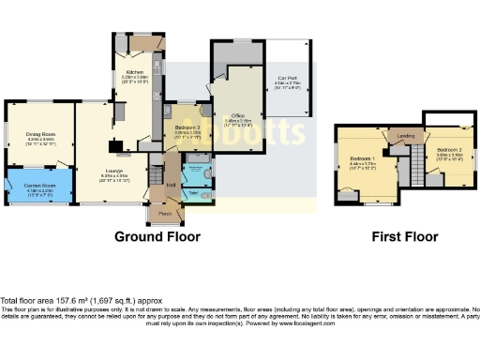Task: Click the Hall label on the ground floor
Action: pyautogui.click(x=172, y=185)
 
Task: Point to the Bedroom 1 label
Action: pyautogui.click(x=362, y=157)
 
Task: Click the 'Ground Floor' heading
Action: pyautogui.click(x=157, y=237)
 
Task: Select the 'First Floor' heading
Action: pyautogui.click(x=404, y=237)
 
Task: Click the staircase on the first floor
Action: pyautogui.click(x=407, y=169)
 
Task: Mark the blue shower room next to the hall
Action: pyautogui.click(x=197, y=173)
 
